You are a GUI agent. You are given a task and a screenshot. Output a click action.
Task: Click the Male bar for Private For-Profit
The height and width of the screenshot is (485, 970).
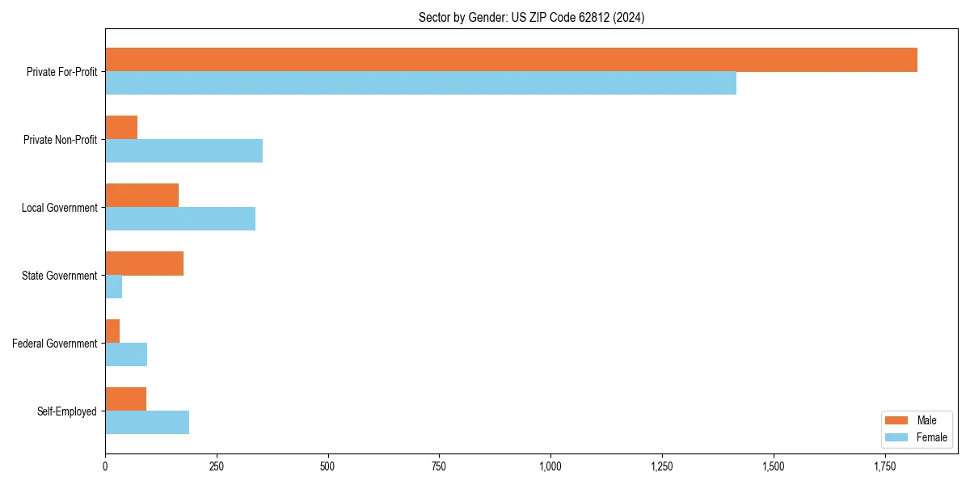[511, 60]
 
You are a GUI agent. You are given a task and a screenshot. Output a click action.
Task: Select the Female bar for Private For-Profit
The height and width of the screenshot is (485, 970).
[420, 83]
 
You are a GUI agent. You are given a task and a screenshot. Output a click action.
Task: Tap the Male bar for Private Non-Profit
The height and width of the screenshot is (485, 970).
[121, 128]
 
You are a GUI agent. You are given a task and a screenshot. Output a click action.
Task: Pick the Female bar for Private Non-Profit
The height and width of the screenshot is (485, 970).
[183, 151]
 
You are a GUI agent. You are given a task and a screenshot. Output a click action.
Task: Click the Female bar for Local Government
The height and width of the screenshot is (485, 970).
[180, 219]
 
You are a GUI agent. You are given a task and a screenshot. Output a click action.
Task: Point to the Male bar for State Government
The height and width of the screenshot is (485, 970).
[144, 264]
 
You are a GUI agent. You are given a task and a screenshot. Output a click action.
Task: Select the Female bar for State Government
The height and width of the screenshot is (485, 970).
[113, 287]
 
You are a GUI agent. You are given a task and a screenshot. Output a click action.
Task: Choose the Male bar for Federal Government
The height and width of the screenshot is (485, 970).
[112, 331]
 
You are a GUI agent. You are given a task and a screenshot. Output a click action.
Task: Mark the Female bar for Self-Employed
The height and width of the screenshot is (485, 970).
[147, 423]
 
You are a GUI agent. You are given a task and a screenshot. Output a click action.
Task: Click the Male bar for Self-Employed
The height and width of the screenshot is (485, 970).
[125, 399]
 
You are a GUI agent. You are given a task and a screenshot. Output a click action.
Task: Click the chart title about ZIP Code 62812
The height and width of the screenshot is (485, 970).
[531, 17]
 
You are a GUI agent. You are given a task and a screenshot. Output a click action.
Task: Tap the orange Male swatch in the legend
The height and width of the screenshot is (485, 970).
[897, 420]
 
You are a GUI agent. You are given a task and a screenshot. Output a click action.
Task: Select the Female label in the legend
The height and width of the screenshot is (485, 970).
[932, 437]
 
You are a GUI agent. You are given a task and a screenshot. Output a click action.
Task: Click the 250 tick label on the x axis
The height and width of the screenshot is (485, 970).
[216, 466]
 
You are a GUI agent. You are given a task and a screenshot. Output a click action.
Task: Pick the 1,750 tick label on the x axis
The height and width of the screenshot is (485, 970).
[884, 466]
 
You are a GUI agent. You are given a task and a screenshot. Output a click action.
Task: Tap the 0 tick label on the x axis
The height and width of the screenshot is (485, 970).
[105, 466]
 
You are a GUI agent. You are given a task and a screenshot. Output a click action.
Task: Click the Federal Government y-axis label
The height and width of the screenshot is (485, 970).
[55, 344]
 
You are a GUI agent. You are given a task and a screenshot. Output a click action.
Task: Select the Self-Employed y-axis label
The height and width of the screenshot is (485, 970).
[67, 411]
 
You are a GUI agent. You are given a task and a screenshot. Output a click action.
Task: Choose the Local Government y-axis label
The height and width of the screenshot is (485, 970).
[60, 208]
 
